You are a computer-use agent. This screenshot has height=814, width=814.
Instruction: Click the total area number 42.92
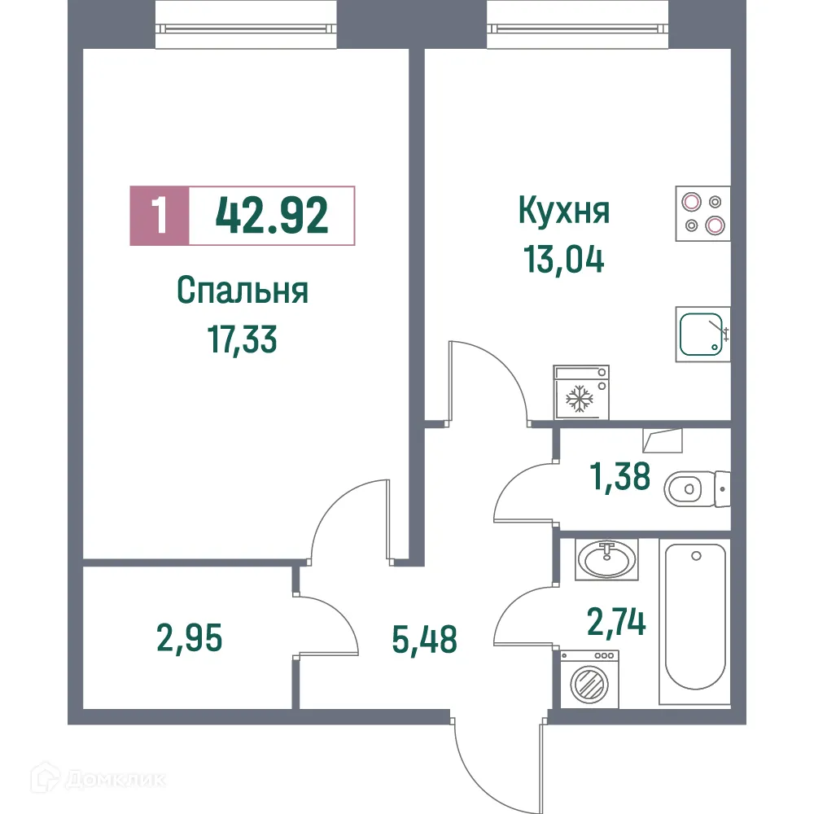[x=272, y=216]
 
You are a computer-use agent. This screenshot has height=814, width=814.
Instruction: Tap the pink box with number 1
[x=160, y=216]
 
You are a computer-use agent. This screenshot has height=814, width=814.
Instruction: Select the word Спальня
[x=243, y=291]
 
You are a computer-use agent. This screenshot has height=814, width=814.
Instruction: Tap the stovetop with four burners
[x=702, y=214]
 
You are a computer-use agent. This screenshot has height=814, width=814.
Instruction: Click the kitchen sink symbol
[x=702, y=334]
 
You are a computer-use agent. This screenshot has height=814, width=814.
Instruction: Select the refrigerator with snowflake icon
[x=580, y=393]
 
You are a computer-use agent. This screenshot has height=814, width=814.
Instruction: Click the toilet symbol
[x=696, y=489]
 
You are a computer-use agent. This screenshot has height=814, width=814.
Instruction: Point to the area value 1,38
[x=619, y=476]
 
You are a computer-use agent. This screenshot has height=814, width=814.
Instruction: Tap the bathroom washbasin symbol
[x=606, y=559]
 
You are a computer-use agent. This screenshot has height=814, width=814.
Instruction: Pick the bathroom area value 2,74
[x=616, y=623]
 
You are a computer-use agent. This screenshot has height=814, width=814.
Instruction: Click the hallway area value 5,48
[x=424, y=639]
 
